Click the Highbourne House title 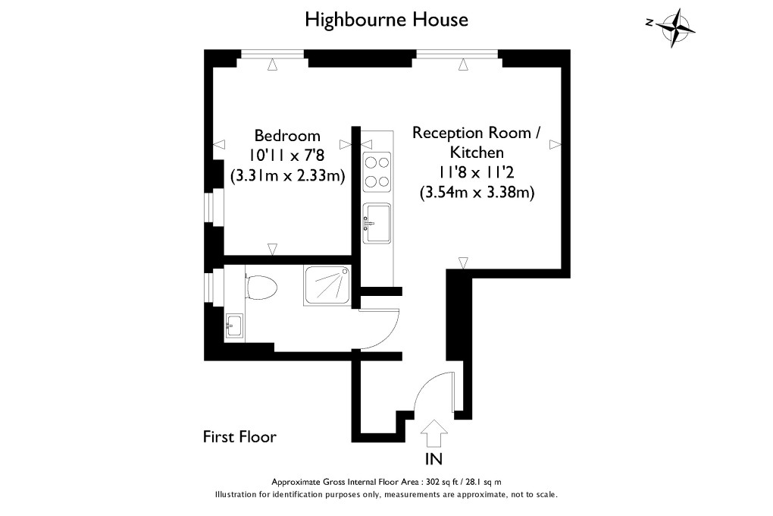tap(386, 19)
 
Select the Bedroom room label tap(287, 136)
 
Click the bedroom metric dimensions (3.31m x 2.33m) tap(287, 176)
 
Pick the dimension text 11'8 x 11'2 tap(477, 172)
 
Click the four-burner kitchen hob tap(377, 171)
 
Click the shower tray tap(328, 286)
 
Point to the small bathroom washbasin tap(233, 326)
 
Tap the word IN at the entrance tap(434, 458)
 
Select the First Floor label tap(239, 437)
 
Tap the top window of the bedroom tap(274, 54)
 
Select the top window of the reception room tap(457, 54)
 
